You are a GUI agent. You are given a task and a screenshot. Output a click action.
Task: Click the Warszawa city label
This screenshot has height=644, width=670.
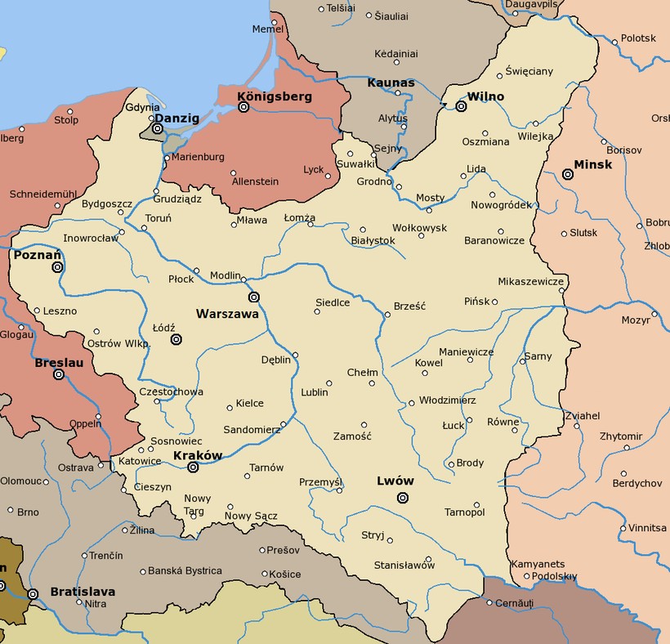click(227, 313)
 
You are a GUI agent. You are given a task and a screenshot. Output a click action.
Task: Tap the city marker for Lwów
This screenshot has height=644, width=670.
click(402, 498)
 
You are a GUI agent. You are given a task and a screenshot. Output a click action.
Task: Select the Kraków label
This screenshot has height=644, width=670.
click(198, 455)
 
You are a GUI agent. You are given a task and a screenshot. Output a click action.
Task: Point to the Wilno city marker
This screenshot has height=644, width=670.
click(461, 106)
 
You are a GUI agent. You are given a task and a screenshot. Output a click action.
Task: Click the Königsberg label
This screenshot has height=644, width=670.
click(275, 96)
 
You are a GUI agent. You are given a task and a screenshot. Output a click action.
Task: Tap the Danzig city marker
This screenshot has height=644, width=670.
click(157, 128)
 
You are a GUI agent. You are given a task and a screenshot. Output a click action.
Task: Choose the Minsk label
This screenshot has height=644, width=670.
click(592, 163)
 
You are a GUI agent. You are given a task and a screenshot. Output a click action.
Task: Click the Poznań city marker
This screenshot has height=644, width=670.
click(57, 267)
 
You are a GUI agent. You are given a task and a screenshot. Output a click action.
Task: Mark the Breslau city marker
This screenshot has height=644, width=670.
click(59, 375)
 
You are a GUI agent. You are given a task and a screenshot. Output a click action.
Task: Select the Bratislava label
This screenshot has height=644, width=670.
click(83, 591)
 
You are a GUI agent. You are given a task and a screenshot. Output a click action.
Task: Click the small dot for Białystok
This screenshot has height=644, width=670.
click(363, 230)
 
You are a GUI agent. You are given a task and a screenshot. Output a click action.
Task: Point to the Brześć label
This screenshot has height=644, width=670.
click(409, 305)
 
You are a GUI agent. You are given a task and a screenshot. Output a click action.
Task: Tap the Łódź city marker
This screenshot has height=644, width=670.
click(176, 339)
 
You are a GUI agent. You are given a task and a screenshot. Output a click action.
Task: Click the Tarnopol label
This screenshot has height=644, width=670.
click(464, 512)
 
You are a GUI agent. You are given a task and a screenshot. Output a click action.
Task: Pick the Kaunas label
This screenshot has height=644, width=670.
click(391, 83)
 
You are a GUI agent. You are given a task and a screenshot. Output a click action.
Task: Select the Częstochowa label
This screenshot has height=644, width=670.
click(172, 391)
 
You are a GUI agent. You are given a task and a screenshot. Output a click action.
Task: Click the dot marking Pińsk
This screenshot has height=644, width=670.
click(495, 302)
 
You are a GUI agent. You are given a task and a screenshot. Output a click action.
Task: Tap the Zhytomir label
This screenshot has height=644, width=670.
click(620, 436)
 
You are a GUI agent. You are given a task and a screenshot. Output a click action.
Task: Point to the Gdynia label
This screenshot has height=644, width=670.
click(142, 108)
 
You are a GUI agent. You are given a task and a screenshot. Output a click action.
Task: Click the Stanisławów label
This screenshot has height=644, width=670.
click(404, 565)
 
